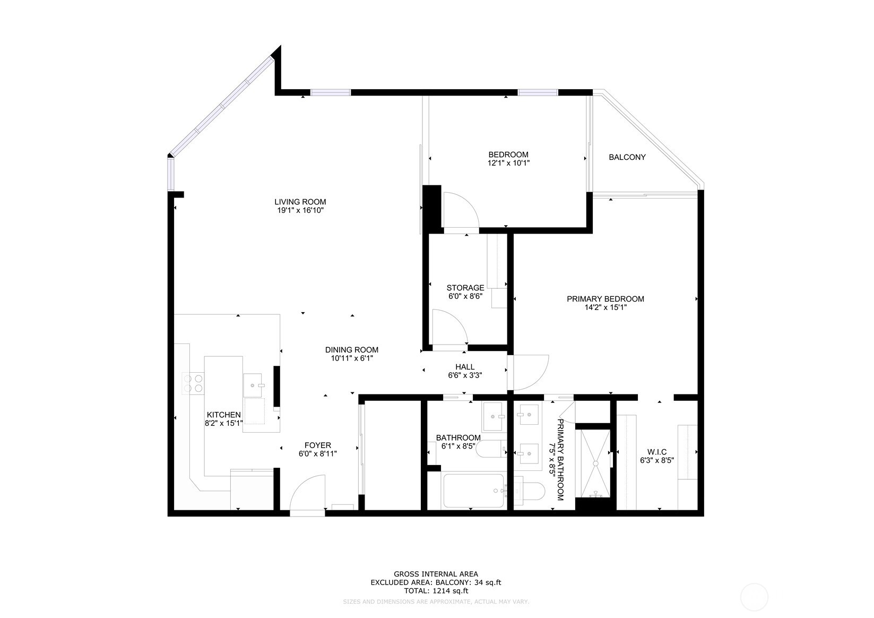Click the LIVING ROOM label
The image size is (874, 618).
pyautogui.click(x=300, y=202)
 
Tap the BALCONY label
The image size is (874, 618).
pyautogui.click(x=627, y=157)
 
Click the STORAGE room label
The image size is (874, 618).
pyautogui.click(x=465, y=288)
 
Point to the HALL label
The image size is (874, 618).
pyautogui.click(x=465, y=367)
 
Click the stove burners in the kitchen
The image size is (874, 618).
pyautogui.click(x=193, y=383)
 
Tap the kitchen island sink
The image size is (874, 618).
pyautogui.click(x=253, y=385)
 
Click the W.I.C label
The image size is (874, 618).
pyautogui.click(x=656, y=452)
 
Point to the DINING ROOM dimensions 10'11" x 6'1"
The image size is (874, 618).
pyautogui.click(x=352, y=358)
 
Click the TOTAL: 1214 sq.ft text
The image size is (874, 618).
pyautogui.click(x=436, y=590)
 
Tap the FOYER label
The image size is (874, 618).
pyautogui.click(x=317, y=445)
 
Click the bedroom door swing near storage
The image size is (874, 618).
pyautogui.click(x=460, y=210)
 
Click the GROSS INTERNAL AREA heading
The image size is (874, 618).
pyautogui.click(x=436, y=574)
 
